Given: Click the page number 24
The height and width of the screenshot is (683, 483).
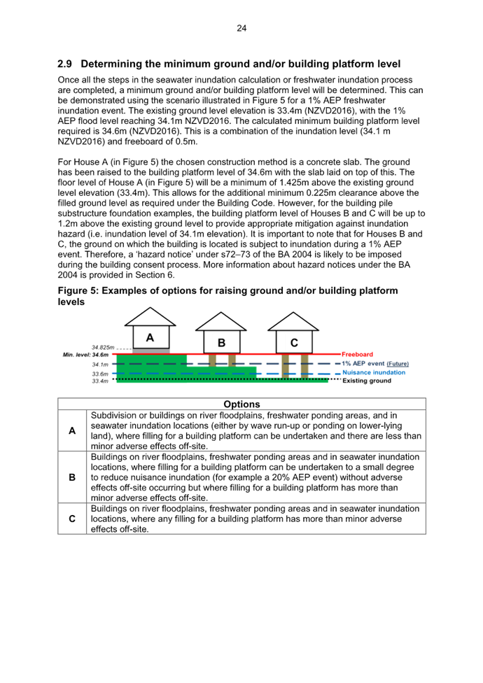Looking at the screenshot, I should pos(241,28).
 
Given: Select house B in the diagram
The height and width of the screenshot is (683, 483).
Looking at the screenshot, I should pos(221,341).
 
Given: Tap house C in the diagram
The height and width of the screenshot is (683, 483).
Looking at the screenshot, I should pos(294,341).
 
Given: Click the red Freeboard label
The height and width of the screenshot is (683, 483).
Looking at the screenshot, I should pos(357,355).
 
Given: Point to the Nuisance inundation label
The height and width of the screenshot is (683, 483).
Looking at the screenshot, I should pos(374,372).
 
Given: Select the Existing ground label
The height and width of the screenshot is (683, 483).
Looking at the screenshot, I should pos(367,381).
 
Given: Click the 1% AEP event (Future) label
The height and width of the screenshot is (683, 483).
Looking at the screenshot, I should pos(375,364).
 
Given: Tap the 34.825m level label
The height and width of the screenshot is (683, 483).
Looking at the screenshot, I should pos(103,348).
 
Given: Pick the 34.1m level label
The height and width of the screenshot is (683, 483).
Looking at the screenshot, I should pos(99,365).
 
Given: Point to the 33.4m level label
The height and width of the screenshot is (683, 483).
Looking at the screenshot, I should pos(99,381).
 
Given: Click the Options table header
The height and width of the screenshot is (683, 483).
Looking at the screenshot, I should pos(241,404).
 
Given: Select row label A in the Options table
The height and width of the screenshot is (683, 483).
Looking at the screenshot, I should pos(72,431).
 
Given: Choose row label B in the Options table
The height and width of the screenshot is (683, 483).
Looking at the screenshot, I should pos(72,477).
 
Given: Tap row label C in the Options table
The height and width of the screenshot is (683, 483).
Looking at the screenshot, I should pos(72,519).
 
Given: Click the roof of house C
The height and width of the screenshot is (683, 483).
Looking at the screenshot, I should pos(294,322).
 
